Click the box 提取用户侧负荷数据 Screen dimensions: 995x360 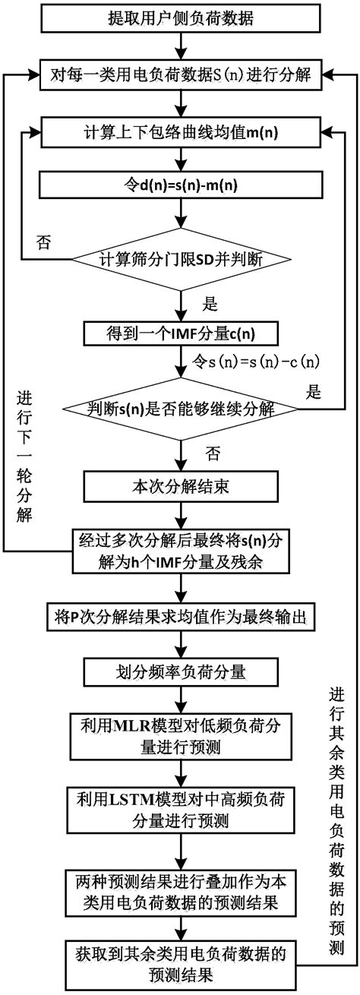pos(181,16)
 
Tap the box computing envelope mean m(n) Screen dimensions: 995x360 pos(181,134)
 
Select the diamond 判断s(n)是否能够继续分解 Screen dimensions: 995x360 pos(181,409)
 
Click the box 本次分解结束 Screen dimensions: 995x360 pos(181,485)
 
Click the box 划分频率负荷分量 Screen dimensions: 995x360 pos(181,671)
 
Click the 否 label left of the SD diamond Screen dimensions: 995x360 pos(43,242)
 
